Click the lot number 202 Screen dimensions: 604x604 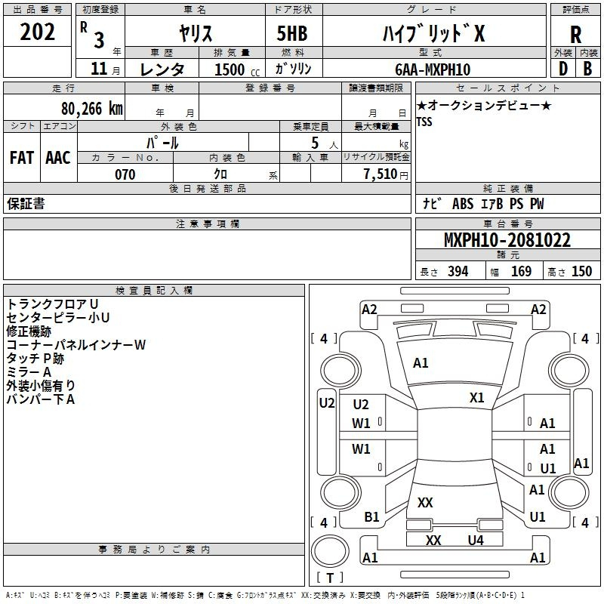[37, 32]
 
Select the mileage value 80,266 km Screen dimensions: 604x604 [92, 109]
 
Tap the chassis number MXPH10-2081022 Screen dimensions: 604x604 [507, 240]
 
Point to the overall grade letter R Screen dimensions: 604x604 [575, 35]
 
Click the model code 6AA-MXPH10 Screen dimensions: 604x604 [433, 69]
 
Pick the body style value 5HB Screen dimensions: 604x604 [292, 33]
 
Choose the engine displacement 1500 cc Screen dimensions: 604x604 [237, 69]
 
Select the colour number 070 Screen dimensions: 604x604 [125, 174]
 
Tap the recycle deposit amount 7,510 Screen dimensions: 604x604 [381, 174]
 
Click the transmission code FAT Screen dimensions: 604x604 [22, 158]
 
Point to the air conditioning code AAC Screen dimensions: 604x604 [58, 158]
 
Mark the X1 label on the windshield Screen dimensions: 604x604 [477, 398]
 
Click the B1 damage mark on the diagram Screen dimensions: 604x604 [371, 517]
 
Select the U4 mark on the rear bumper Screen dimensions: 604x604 [476, 541]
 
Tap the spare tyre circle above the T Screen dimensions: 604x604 [330, 551]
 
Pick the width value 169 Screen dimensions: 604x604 [521, 271]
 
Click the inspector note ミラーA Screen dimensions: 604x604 [29, 371]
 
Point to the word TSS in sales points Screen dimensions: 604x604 [424, 122]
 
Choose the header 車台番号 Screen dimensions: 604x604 [508, 223]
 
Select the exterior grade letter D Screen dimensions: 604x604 [563, 69]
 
